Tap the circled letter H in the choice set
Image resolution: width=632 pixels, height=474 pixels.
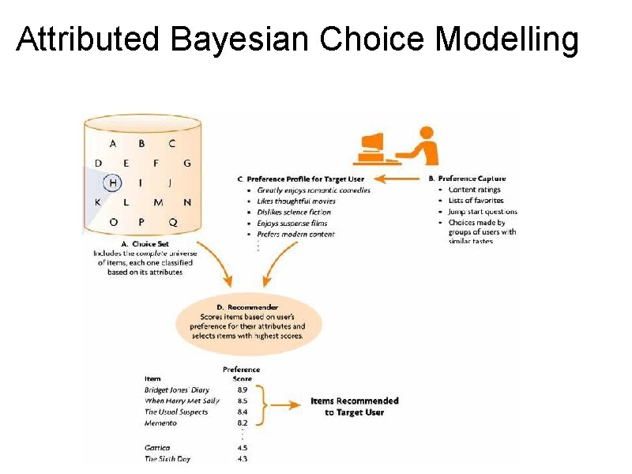tap(113, 182)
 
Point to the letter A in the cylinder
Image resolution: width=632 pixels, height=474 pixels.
tap(113, 144)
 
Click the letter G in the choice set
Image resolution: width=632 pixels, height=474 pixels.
tap(187, 164)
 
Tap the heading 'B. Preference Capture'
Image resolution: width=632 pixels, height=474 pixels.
tap(472, 179)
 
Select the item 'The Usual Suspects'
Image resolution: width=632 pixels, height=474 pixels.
tap(175, 412)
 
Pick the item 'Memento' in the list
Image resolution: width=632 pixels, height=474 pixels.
tap(161, 423)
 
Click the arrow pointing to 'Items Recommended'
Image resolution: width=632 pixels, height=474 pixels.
tap(286, 406)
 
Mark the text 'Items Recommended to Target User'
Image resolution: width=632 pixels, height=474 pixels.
tap(354, 406)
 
